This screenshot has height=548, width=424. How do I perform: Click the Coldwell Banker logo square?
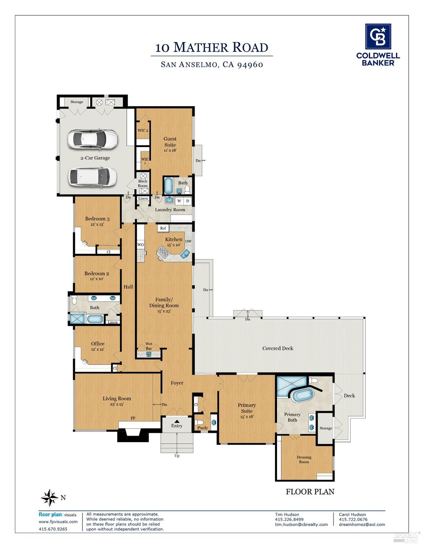[378, 37]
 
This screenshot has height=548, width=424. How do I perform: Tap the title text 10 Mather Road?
[211, 48]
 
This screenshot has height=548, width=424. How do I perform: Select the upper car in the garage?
[93, 139]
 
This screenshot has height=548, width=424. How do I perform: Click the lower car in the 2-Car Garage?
[93, 176]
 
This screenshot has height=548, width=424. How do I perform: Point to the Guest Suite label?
[170, 142]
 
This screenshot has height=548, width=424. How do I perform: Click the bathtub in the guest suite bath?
[168, 186]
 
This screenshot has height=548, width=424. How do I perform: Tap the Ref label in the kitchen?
[163, 228]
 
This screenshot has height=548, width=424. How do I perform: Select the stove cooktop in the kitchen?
[163, 252]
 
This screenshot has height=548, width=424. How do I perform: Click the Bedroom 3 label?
[97, 219]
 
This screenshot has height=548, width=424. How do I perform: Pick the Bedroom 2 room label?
[97, 273]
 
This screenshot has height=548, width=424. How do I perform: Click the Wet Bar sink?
[149, 354]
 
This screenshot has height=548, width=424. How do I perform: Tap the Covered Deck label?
[278, 348]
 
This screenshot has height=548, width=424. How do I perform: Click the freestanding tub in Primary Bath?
[303, 395]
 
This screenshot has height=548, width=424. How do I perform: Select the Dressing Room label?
[304, 460]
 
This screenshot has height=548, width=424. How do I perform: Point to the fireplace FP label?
[133, 418]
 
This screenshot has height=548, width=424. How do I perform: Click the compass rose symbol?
[49, 498]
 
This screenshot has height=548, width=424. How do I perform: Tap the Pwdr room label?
[203, 428]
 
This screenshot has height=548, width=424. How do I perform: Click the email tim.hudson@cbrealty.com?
[301, 524]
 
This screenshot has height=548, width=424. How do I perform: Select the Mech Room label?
[143, 184]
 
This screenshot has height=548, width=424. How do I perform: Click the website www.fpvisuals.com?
[58, 522]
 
